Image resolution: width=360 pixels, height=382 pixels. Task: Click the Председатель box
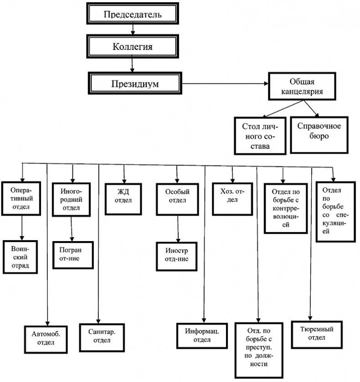coord(132,14)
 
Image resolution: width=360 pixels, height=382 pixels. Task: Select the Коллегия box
coord(132,46)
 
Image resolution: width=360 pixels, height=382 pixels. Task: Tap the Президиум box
coord(132,83)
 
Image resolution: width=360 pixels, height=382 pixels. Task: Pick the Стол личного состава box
coord(259,135)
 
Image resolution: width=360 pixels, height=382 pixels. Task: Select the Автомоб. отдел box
coord(46,338)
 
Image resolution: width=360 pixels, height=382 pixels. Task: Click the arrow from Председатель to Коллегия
coord(132,29)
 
